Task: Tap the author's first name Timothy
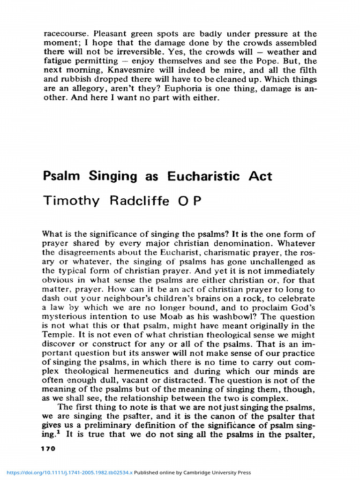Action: [71, 201]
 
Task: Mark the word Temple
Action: [57, 335]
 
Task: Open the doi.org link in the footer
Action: [67, 472]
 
